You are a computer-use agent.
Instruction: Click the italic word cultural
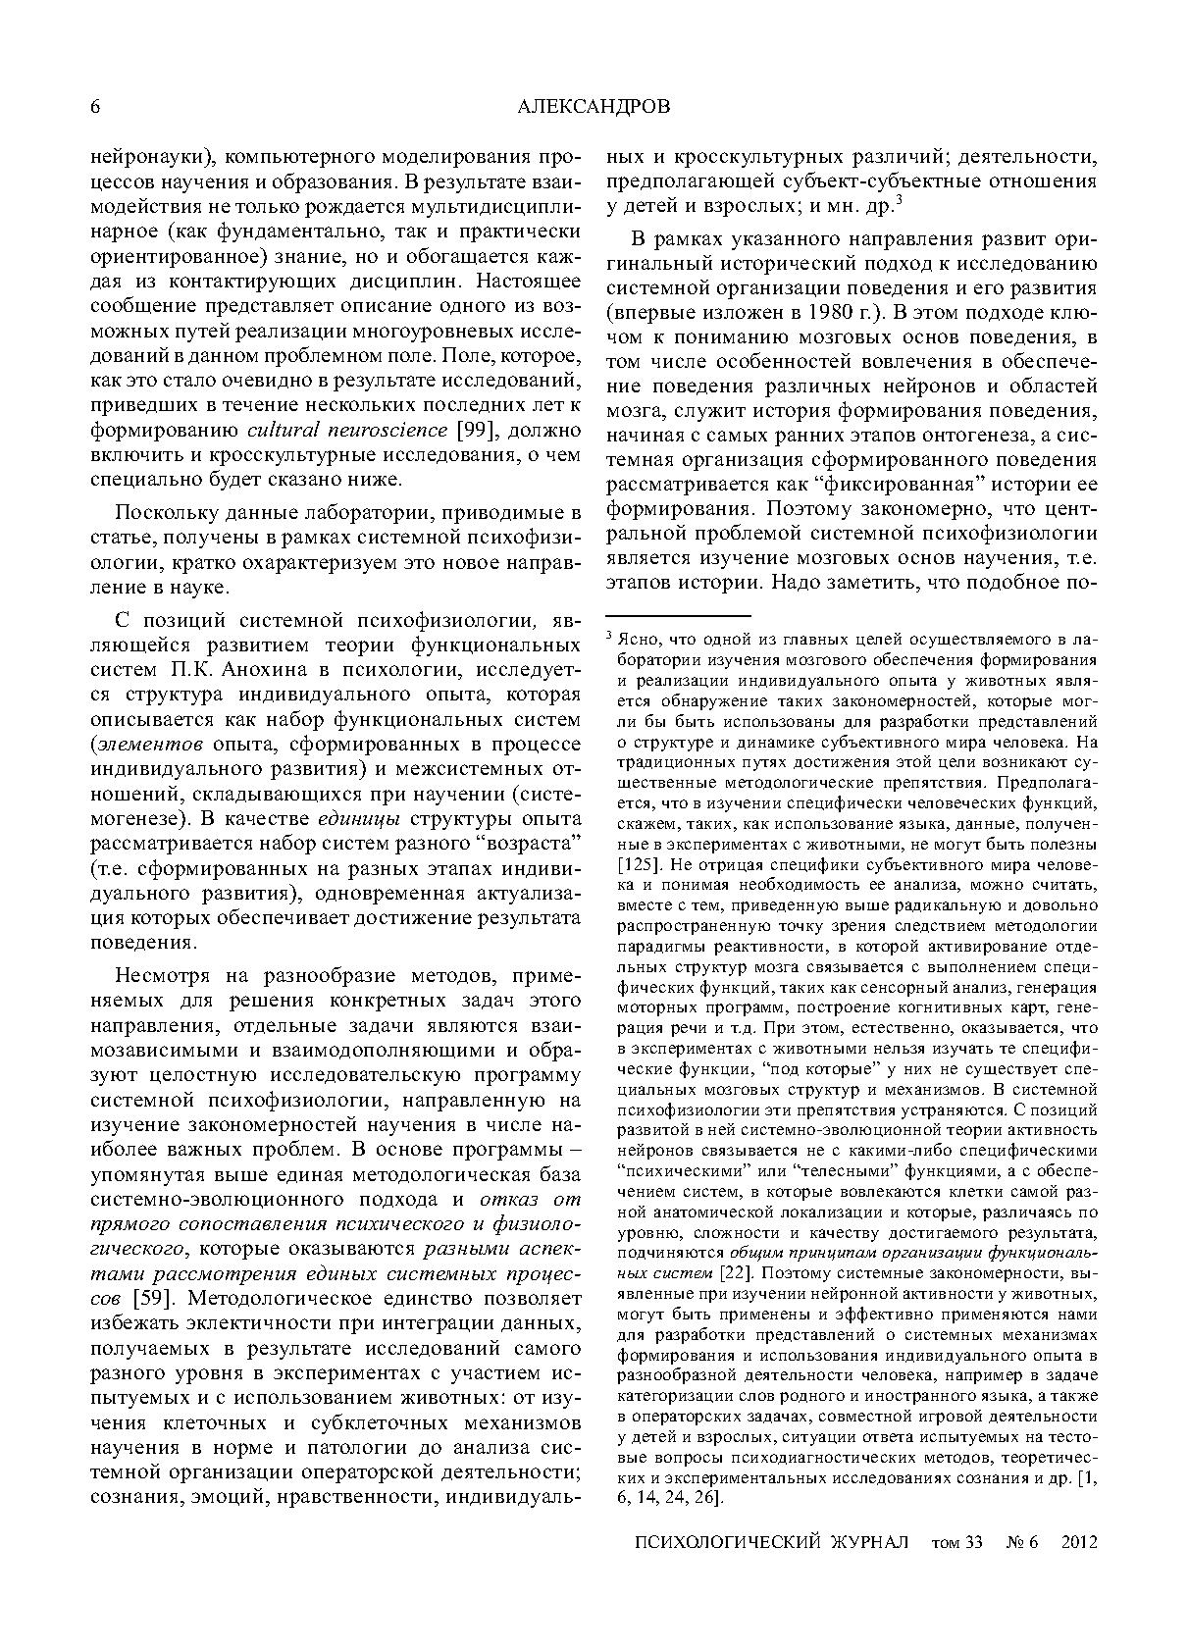tap(283, 430)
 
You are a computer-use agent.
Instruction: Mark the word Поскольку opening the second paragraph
tap(161, 514)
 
